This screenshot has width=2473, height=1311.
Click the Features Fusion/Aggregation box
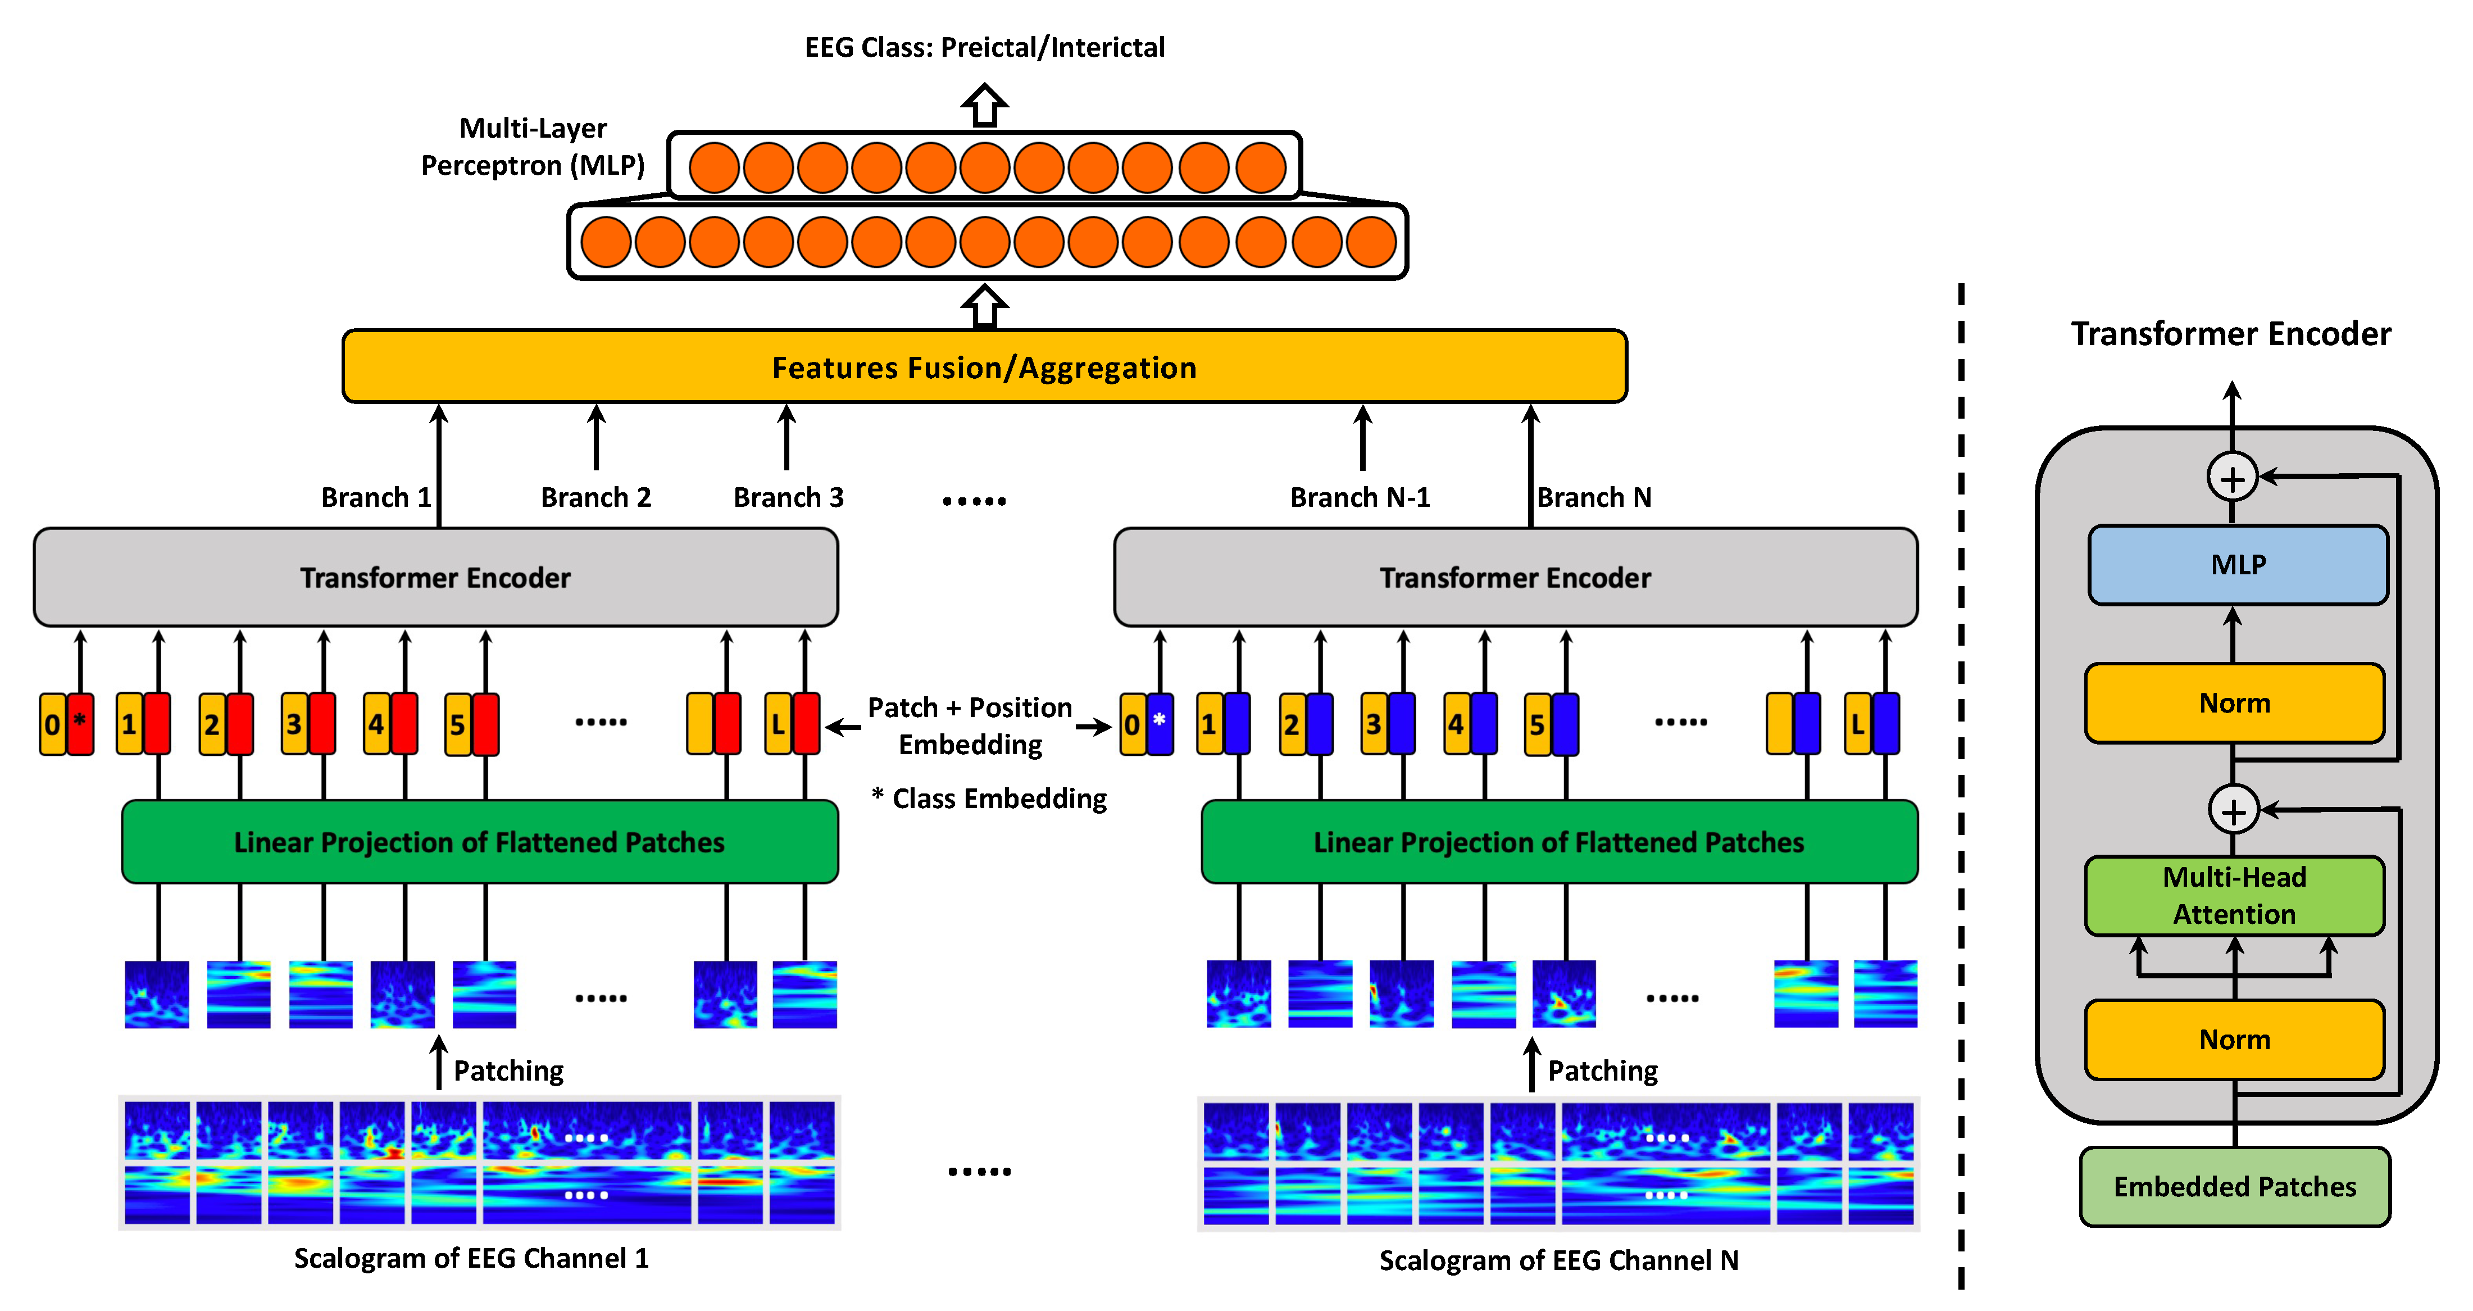tap(984, 367)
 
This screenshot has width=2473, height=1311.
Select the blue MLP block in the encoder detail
tap(2238, 565)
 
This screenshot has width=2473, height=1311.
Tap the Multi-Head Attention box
tap(2234, 895)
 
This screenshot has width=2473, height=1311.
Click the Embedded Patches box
tap(2234, 1187)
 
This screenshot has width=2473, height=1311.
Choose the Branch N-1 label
tap(1360, 497)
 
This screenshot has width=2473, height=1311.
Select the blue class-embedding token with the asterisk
tap(1160, 723)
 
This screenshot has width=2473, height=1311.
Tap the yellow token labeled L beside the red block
tap(778, 723)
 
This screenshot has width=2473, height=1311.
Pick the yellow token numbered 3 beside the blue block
tap(1374, 723)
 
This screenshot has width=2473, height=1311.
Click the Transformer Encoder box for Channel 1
tap(435, 577)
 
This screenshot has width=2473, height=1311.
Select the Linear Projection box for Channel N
tap(1559, 842)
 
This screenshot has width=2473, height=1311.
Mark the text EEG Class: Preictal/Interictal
tap(984, 47)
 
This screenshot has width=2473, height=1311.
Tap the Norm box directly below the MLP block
tap(2234, 703)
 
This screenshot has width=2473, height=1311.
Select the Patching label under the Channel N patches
tap(1602, 1071)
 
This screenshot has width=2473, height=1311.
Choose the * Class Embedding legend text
tap(989, 798)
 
